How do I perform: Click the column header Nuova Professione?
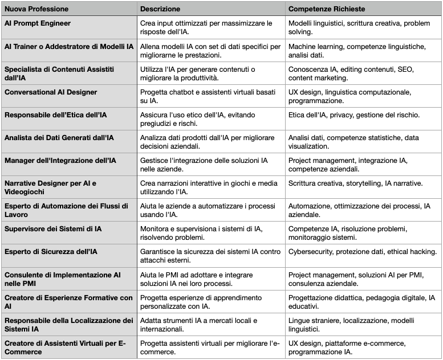click(x=36, y=9)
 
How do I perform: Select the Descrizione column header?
click(x=160, y=9)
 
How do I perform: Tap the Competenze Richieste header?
click(x=327, y=9)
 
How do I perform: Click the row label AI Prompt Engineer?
click(x=38, y=24)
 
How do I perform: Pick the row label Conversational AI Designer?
click(x=51, y=92)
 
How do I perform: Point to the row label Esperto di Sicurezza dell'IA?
click(x=51, y=252)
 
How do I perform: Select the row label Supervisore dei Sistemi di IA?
click(x=54, y=229)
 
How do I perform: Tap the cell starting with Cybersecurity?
click(x=363, y=252)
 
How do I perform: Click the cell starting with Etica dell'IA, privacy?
click(x=354, y=115)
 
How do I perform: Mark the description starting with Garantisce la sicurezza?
click(x=210, y=256)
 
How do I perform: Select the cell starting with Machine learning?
click(x=357, y=51)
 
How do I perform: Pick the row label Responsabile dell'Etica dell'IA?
click(x=56, y=115)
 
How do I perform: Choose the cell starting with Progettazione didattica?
click(x=361, y=301)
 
